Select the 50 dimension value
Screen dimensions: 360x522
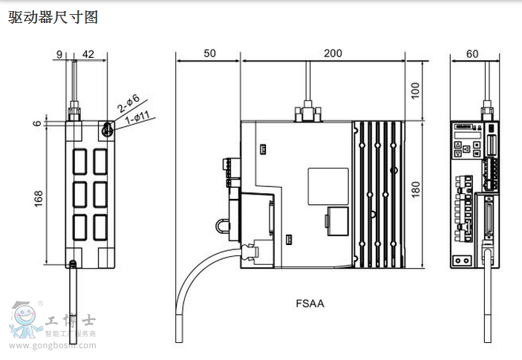pyautogui.click(x=208, y=53)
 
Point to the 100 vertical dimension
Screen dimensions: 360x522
pyautogui.click(x=416, y=90)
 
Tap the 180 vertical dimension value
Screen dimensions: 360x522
pyautogui.click(x=416, y=189)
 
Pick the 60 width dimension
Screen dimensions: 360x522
pyautogui.click(x=472, y=53)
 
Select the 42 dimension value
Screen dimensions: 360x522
pyautogui.click(x=88, y=53)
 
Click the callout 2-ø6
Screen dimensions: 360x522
pyautogui.click(x=128, y=103)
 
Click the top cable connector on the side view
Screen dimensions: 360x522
pyautogui.click(x=307, y=113)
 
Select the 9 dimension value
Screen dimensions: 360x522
pyautogui.click(x=59, y=53)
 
